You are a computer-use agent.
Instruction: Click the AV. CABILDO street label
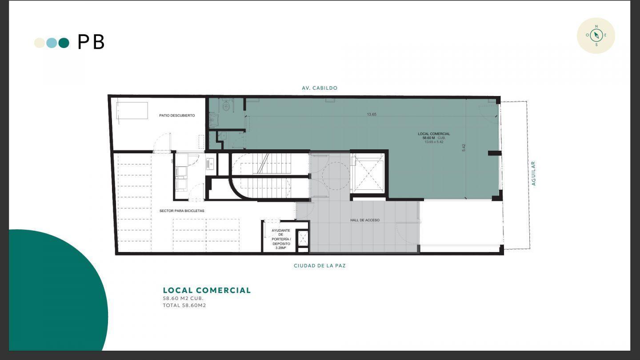point(320,88)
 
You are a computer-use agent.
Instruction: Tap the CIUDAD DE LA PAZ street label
point(320,266)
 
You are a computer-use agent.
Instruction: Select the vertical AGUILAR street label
point(533,173)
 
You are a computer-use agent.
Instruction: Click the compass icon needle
point(596,36)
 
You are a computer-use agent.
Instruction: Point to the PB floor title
point(91,42)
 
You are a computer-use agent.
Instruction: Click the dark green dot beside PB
point(64,43)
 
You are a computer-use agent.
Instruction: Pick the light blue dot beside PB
point(52,43)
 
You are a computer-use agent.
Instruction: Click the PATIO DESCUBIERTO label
point(177,116)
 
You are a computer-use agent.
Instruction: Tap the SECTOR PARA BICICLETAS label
point(182,211)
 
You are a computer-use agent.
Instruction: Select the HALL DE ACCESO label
point(365,220)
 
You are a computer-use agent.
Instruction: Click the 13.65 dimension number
point(372,114)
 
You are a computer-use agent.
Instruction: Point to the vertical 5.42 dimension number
point(464,148)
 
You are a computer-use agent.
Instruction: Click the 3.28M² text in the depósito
point(280,248)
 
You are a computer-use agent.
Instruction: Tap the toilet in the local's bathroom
point(226,106)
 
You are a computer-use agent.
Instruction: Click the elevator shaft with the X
point(368,174)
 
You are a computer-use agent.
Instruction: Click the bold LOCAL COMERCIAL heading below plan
point(207,290)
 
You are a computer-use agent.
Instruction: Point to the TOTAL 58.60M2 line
point(184,305)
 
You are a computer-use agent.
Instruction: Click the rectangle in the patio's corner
point(132,110)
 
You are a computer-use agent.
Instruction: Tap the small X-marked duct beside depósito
point(303,238)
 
